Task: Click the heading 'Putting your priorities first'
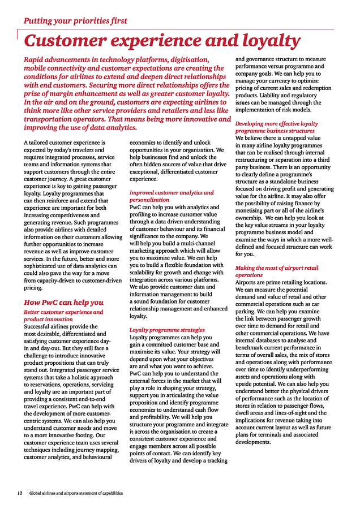[x=75, y=21]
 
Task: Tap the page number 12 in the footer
[x=19, y=493]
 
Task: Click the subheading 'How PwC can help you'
[x=63, y=302]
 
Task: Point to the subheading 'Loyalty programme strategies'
[x=167, y=330]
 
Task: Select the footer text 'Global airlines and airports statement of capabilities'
[x=76, y=493]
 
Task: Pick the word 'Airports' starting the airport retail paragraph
[x=247, y=282]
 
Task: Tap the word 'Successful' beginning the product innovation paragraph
[x=40, y=326]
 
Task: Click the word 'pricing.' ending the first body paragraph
[x=33, y=288]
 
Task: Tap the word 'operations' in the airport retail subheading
[x=249, y=275]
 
